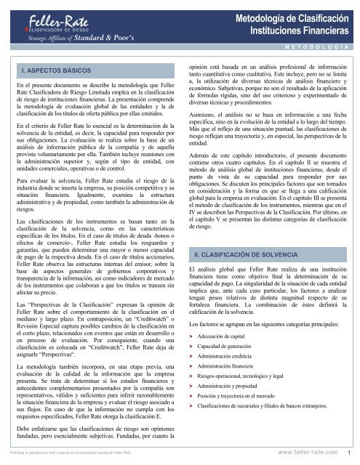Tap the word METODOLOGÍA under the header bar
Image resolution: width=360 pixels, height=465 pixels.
tap(319, 45)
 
